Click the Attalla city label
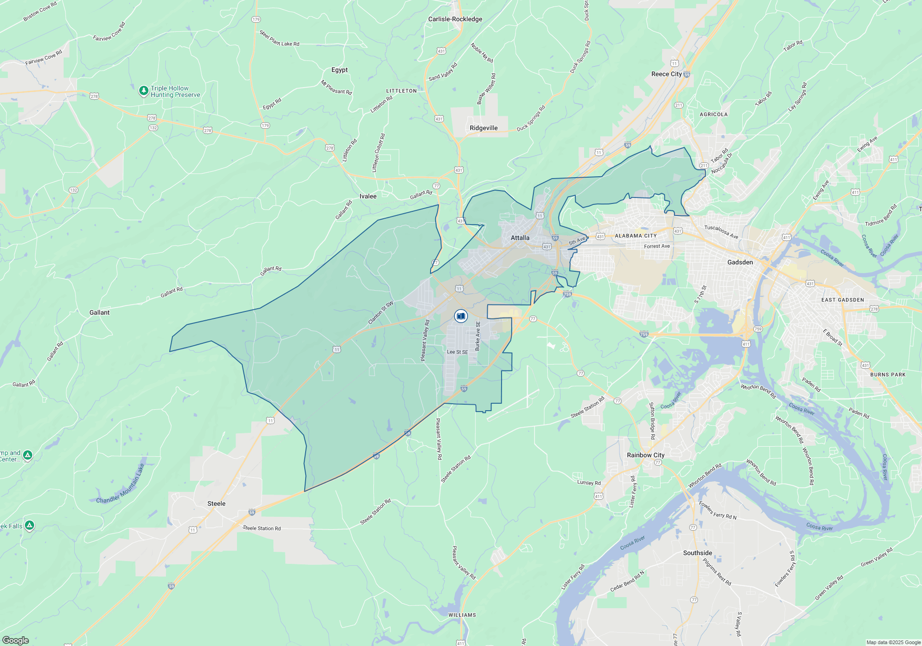tap(520, 238)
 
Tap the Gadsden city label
tap(740, 263)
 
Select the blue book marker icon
tap(461, 316)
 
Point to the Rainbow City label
tap(645, 455)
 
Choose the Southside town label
tap(697, 553)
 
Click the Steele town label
tap(216, 503)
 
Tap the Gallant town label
tap(100, 312)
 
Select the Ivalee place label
tap(368, 196)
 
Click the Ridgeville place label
tap(484, 128)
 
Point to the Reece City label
tap(666, 74)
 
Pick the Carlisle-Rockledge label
tap(455, 19)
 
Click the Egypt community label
tap(339, 70)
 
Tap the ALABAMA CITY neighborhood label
tap(636, 236)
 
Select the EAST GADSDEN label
tap(843, 300)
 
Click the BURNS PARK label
tap(888, 375)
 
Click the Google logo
tap(16, 640)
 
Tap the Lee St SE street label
tap(457, 352)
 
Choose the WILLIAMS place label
tap(462, 615)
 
